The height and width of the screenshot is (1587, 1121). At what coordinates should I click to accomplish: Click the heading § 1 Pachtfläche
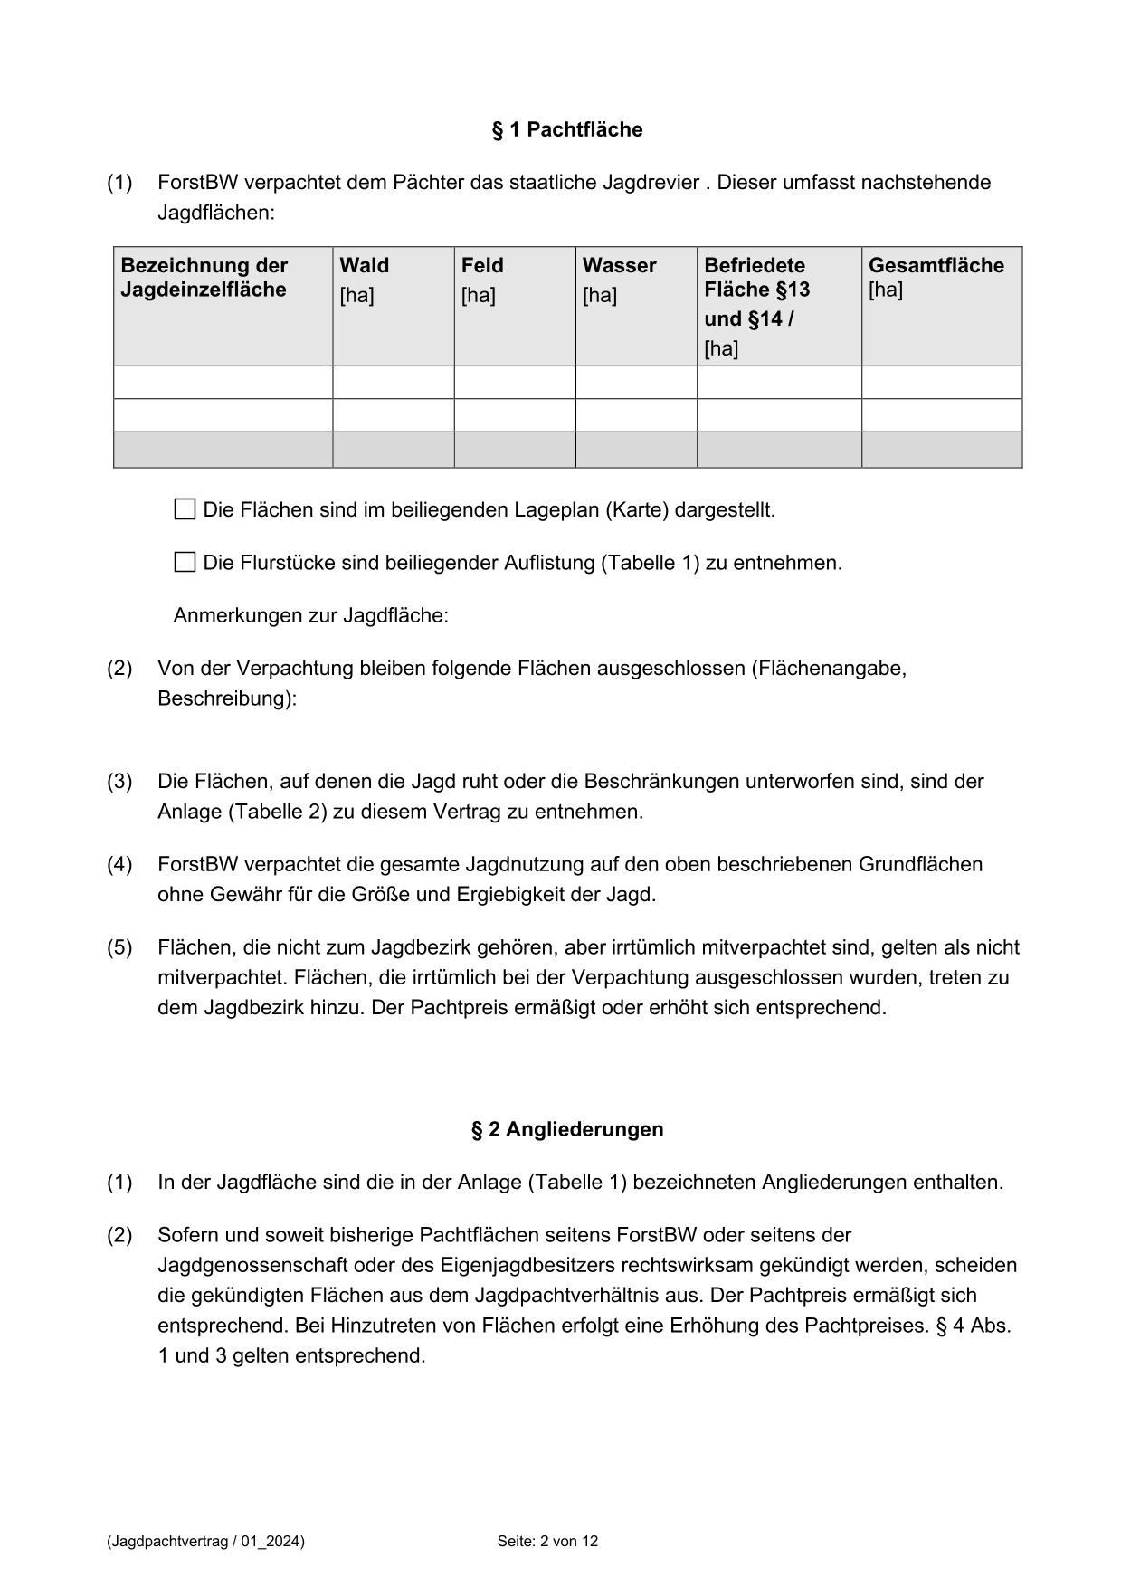(566, 129)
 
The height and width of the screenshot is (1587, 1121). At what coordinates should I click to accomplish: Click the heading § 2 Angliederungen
(566, 1129)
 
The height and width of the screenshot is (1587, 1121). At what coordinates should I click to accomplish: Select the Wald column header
(364, 266)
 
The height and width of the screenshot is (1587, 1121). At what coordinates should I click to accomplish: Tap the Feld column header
(482, 266)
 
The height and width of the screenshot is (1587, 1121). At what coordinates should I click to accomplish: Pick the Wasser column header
(619, 266)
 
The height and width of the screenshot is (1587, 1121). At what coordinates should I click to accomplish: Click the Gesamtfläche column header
(936, 266)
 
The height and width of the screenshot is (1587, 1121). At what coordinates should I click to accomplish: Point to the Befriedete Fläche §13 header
(755, 278)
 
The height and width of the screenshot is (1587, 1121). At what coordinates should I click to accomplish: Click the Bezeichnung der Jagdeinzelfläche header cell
(204, 278)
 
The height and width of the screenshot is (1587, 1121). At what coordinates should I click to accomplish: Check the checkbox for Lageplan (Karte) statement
(185, 509)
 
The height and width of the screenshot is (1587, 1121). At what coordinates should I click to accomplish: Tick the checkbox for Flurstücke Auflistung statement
(185, 563)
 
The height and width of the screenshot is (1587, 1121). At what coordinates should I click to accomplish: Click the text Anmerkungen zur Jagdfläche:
(310, 616)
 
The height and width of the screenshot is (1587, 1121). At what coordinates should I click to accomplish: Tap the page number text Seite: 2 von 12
(547, 1541)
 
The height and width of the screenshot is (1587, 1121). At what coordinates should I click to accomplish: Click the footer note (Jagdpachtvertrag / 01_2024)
(205, 1541)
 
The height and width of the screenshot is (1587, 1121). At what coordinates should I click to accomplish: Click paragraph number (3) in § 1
(119, 782)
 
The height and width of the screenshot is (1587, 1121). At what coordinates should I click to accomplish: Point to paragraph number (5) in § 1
(119, 947)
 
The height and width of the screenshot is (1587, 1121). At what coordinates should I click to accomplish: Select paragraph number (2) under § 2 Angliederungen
(119, 1235)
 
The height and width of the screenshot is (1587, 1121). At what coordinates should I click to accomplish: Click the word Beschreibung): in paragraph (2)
(226, 699)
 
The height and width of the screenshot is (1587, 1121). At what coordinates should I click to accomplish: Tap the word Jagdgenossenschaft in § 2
(251, 1265)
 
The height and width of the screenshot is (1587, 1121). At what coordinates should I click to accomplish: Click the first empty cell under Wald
(393, 382)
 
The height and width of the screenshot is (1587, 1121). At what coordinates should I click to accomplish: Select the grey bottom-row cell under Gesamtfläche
(941, 450)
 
